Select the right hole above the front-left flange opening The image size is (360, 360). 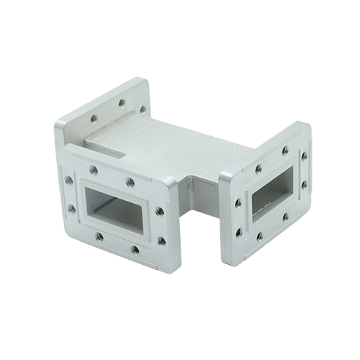coord(130,181)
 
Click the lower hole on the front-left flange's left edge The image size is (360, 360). coord(71,210)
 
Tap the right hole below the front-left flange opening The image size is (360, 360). coord(135,251)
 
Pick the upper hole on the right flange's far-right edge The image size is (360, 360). coord(304,155)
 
